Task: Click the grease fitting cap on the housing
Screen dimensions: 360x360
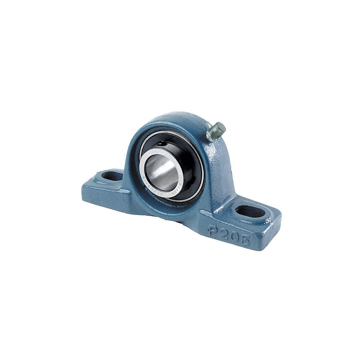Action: coord(219,128)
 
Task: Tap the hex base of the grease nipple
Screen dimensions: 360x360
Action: coord(210,135)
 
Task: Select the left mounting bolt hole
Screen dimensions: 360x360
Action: coord(112,176)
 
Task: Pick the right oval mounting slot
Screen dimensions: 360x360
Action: coord(250,211)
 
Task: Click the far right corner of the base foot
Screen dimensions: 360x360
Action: coord(280,220)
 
